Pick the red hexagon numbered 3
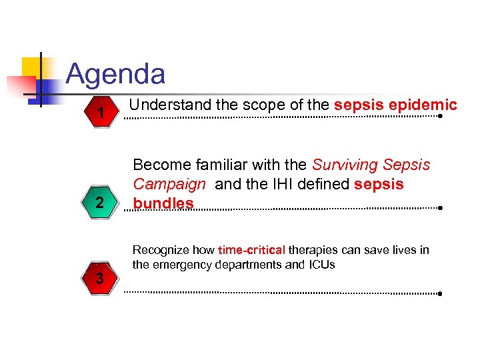tap(100, 279)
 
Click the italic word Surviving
tap(340, 164)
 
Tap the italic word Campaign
tap(169, 183)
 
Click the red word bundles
tap(163, 203)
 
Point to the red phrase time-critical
tap(251, 251)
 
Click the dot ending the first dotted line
tap(441, 116)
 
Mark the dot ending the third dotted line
tap(441, 293)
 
